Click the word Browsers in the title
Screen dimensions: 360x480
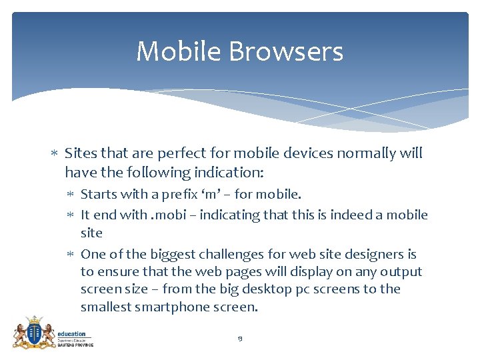(291, 52)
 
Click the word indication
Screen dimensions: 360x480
(229, 173)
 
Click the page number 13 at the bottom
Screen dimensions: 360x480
(239, 339)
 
